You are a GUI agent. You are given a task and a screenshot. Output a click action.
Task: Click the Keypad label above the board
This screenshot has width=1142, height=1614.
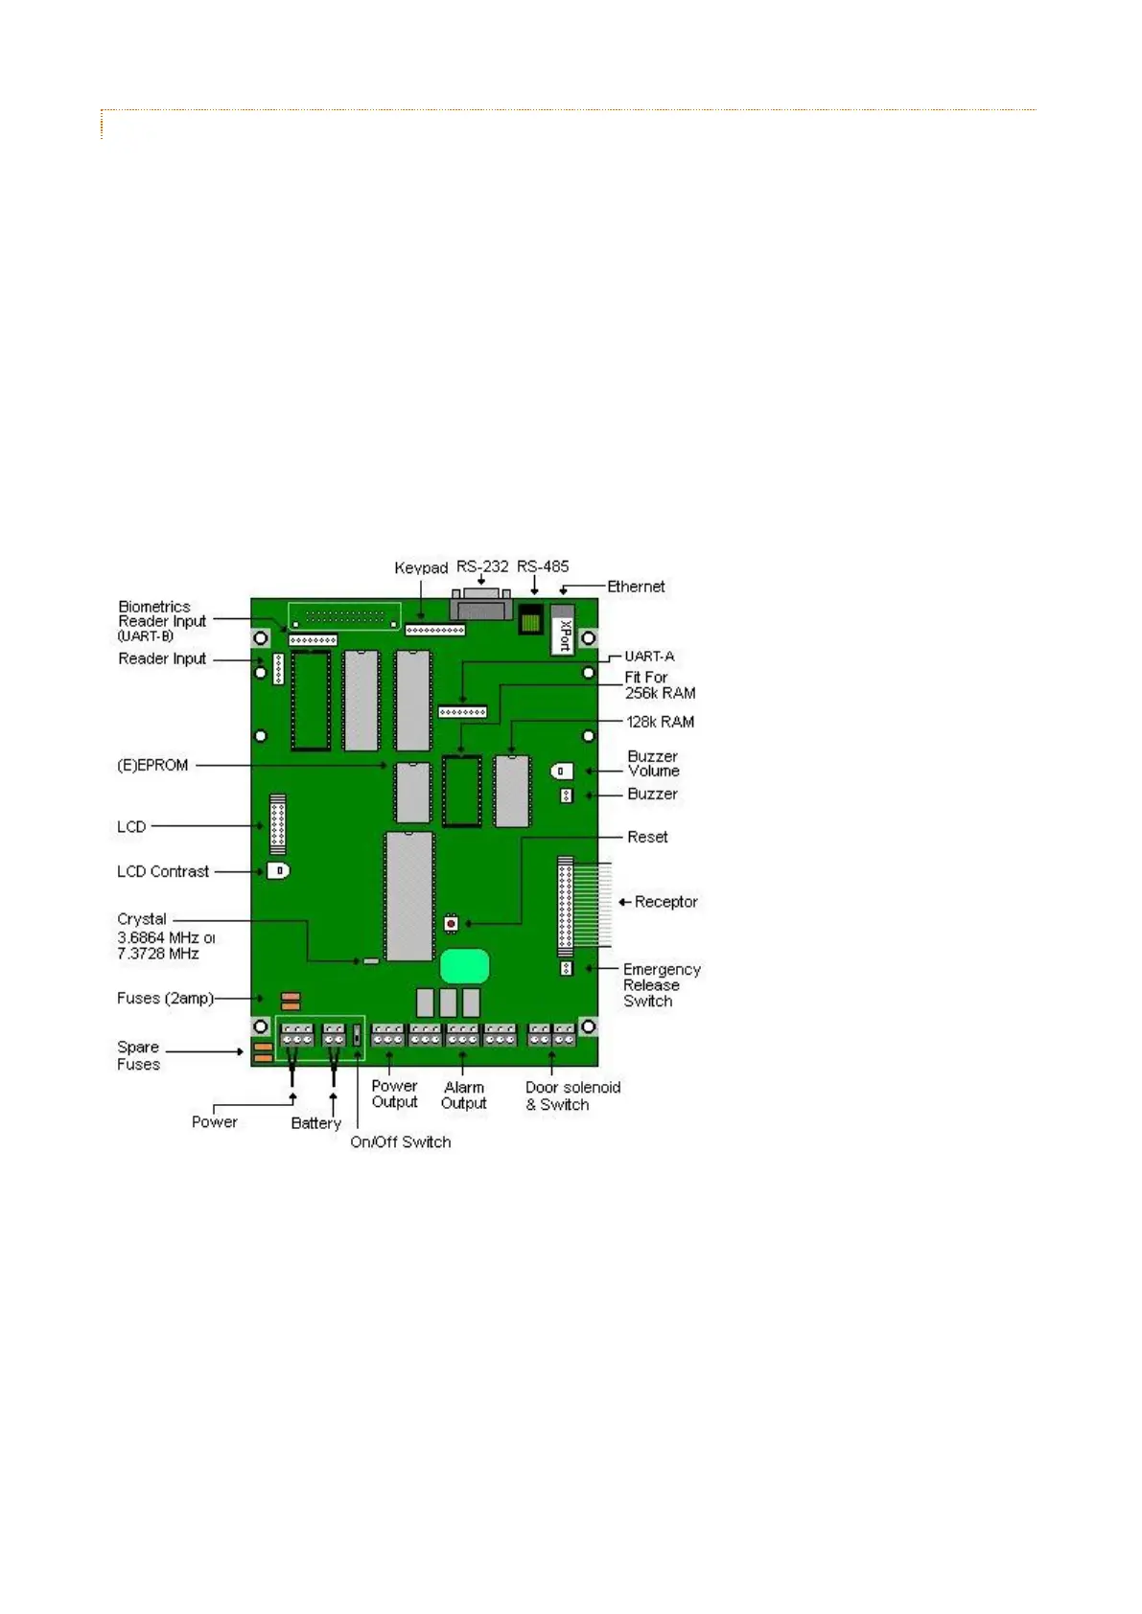[421, 568]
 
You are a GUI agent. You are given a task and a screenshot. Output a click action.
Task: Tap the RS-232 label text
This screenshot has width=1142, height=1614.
[482, 566]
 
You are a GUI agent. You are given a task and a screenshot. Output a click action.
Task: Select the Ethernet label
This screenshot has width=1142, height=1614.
[636, 587]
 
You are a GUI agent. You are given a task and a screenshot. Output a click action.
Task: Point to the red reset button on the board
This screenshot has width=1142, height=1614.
[451, 924]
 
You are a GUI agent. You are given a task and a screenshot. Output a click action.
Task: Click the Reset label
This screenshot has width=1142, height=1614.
[647, 837]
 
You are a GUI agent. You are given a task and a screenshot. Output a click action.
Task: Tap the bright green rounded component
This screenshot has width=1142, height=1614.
[465, 966]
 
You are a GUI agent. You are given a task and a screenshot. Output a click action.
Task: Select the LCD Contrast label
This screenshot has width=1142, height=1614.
[163, 871]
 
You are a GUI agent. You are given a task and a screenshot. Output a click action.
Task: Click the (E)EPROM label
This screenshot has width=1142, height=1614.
[152, 765]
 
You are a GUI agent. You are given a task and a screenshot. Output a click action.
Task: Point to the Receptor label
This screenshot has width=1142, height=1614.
[665, 902]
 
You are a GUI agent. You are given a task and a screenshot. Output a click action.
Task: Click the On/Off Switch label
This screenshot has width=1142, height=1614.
[400, 1141]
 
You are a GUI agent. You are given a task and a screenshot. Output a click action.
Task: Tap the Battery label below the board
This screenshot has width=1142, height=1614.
[315, 1122]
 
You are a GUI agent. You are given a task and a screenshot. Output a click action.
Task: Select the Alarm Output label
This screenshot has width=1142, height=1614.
[464, 1095]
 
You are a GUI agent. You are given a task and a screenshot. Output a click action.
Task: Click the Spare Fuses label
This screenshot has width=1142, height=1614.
[139, 1055]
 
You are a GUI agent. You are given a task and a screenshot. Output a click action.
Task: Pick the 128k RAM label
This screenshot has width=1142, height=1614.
[660, 722]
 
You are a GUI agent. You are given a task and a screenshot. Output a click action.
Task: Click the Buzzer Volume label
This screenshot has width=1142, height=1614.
[653, 763]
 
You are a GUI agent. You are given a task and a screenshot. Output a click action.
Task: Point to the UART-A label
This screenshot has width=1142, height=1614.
[649, 657]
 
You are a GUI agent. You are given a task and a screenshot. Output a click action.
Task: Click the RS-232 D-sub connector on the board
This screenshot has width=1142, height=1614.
[480, 606]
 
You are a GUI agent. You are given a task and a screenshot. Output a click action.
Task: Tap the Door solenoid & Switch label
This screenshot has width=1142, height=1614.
[572, 1095]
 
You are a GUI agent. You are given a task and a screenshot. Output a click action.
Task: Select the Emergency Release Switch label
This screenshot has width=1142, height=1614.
[661, 985]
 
